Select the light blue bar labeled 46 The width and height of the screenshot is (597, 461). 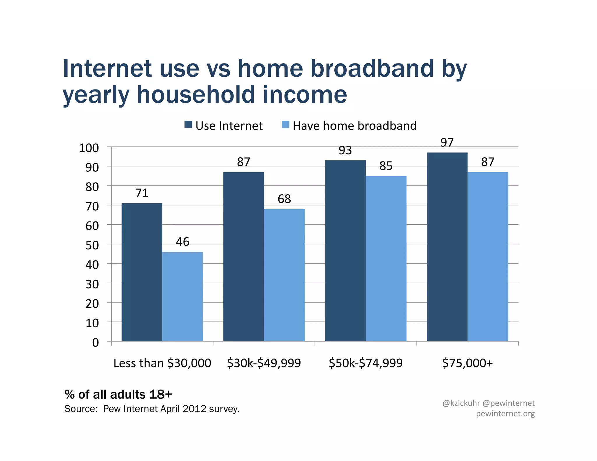pos(182,296)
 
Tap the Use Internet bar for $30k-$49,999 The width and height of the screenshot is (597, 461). pos(243,256)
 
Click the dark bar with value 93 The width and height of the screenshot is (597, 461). pos(345,251)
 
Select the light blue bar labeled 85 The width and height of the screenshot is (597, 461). pos(386,258)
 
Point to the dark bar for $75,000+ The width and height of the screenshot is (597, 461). pos(447,247)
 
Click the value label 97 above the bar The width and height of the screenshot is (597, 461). pos(447,142)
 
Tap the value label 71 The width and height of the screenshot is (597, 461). pos(142,193)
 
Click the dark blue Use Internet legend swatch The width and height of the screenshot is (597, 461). pos(188,125)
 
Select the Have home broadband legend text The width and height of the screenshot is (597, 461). pos(354,126)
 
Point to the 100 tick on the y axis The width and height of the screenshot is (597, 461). pos(89,148)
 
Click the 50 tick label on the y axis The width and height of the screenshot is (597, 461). pos(92,245)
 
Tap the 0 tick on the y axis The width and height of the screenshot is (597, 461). pos(95,343)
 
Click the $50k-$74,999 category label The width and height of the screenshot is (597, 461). pos(366,363)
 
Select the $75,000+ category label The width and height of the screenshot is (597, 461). pos(467,363)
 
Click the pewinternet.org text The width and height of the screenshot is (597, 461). pos(505,414)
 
